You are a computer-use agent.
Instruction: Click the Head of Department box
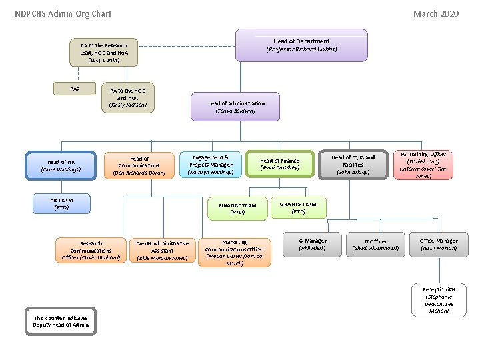[x=301, y=45]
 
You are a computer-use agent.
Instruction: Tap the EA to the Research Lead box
[x=104, y=53]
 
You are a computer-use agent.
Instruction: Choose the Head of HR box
[x=61, y=165]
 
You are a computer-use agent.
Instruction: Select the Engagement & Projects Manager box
[x=211, y=165]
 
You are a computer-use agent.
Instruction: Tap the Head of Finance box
[x=280, y=165]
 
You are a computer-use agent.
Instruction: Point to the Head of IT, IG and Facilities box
[x=353, y=164]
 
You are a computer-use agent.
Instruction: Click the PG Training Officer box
[x=423, y=165]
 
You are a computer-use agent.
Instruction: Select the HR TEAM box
[x=61, y=203]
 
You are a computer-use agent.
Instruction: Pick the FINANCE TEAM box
[x=237, y=209]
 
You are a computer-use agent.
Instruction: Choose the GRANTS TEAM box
[x=298, y=208]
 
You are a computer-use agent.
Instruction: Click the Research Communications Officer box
[x=91, y=250]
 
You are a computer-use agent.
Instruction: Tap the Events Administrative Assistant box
[x=163, y=251]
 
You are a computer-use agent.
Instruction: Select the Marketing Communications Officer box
[x=235, y=252]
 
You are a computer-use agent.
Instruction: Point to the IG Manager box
[x=312, y=245]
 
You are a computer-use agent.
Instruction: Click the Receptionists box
[x=439, y=300]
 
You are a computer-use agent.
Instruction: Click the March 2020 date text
[x=435, y=13]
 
